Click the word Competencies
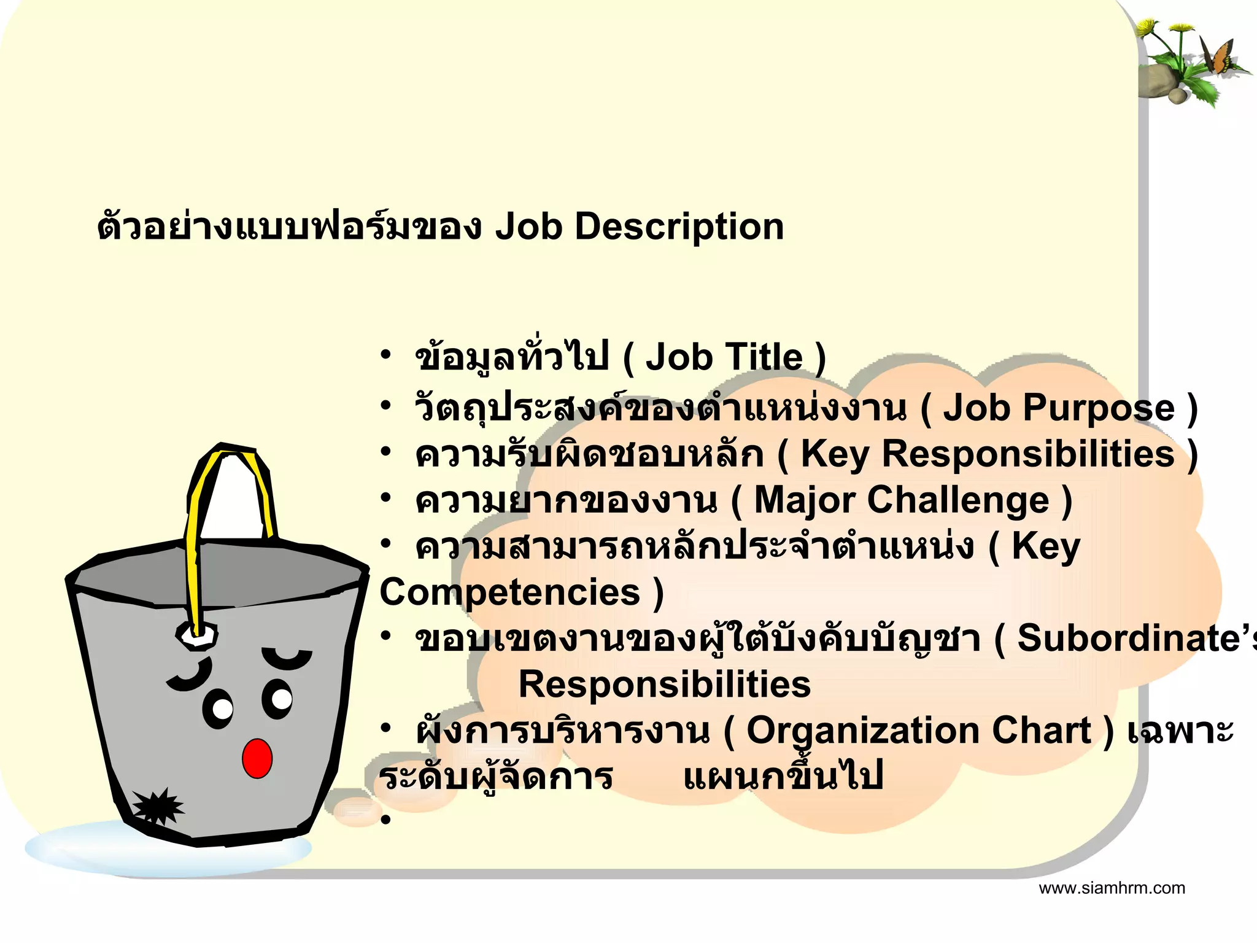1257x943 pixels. pyautogui.click(x=509, y=592)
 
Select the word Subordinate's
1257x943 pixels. pyautogui.click(x=1135, y=638)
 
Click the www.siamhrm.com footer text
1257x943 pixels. pyautogui.click(x=1112, y=888)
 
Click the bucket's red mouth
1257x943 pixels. pyautogui.click(x=257, y=759)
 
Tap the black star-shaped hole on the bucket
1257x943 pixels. pyautogui.click(x=158, y=806)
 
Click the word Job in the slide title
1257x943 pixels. pyautogui.click(x=528, y=227)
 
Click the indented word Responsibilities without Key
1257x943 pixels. pyautogui.click(x=664, y=685)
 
